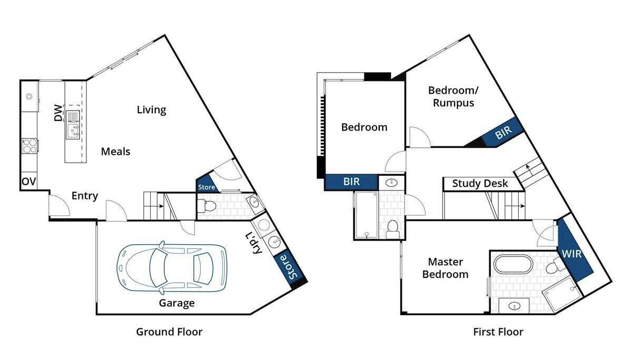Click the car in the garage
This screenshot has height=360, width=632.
tap(172, 268)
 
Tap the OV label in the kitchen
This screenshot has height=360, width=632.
tap(29, 182)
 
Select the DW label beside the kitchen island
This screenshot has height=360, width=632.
tap(58, 113)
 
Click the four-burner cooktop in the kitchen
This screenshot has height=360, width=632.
tap(29, 146)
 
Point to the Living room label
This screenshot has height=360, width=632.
tap(152, 109)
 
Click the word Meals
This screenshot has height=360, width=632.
tap(116, 152)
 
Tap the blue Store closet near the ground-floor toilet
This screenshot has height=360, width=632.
tap(207, 184)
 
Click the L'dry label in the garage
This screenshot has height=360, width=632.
tap(254, 243)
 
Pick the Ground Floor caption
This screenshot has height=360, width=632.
tap(169, 332)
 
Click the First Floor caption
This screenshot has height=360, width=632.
tap(498, 332)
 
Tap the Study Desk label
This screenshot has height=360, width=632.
tap(480, 184)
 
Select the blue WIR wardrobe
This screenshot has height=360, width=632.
tap(573, 251)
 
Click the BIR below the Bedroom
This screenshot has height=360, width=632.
tap(352, 182)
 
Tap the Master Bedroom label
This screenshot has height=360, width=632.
tap(445, 268)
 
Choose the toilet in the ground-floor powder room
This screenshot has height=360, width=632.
tap(206, 206)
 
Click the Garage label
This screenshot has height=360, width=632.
tap(176, 303)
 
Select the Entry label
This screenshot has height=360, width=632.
tap(85, 196)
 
